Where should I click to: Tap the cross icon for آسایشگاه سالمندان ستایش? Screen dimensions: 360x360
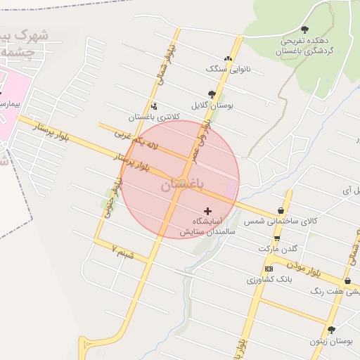coord(207,210)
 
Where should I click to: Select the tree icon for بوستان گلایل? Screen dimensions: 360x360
coord(212,94)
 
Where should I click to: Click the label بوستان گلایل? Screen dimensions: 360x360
coord(217,105)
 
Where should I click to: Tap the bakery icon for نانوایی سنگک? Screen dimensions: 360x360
coord(227,59)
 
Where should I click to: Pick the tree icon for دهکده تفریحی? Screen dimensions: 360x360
coord(304,30)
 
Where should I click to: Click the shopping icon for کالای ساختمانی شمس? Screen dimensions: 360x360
coord(281,210)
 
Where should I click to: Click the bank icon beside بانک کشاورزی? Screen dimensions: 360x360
coord(269,269)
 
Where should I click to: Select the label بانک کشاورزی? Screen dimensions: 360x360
coord(269,280)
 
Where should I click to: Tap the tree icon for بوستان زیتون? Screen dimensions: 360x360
coord(331,329)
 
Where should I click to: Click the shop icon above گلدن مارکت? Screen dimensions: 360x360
coord(277,238)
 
